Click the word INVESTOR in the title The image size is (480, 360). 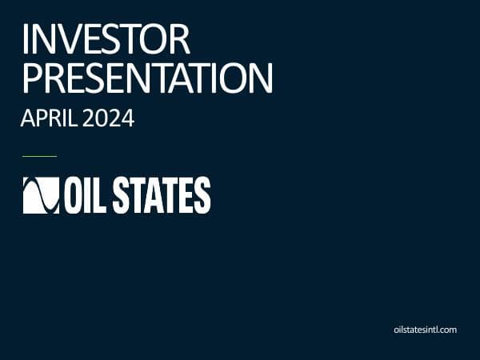point(106,40)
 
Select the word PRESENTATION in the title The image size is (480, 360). point(147,78)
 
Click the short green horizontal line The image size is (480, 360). point(39,156)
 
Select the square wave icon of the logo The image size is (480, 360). point(40,195)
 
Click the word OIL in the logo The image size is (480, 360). point(86,195)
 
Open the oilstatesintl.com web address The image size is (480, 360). point(426,329)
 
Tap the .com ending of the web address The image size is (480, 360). point(447,329)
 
